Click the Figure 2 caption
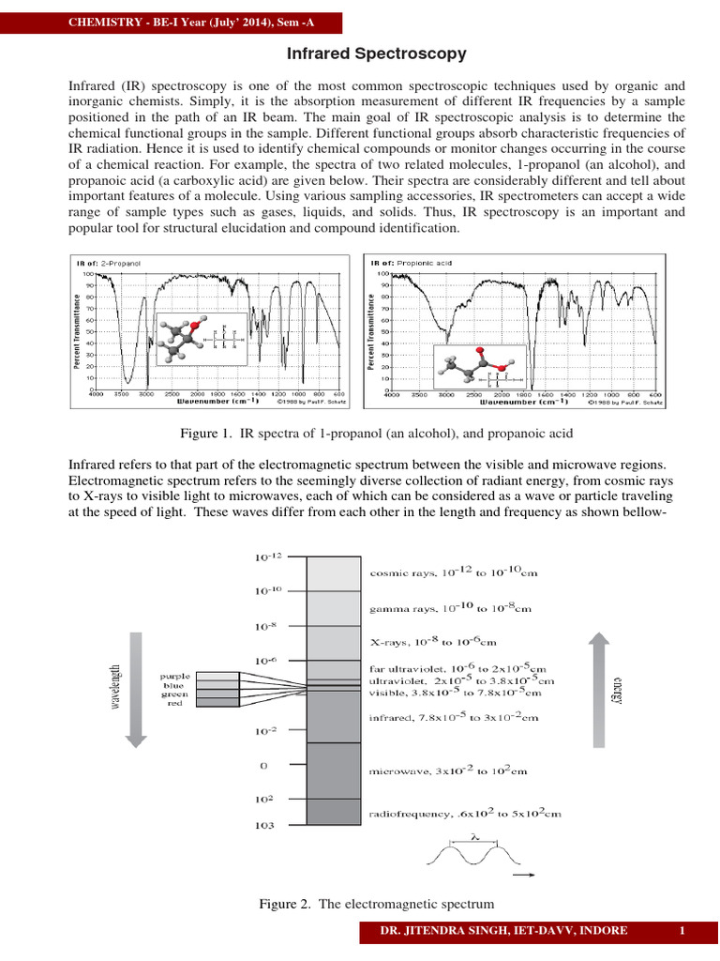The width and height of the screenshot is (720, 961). point(376,904)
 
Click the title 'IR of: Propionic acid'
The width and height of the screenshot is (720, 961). point(412,263)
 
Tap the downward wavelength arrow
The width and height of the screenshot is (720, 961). point(135,689)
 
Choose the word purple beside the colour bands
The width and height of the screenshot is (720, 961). point(176,675)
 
